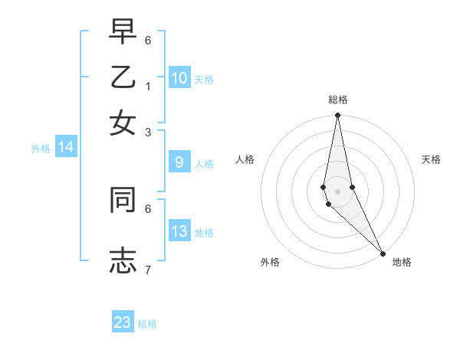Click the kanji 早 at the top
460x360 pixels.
point(123,32)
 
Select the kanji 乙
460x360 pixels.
point(123,77)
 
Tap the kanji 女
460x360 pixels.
point(123,122)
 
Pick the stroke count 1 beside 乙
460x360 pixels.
point(148,86)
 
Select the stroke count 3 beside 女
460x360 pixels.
point(148,133)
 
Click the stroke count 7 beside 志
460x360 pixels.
point(148,270)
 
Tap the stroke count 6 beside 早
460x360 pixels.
point(148,40)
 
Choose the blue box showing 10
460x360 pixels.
point(179,78)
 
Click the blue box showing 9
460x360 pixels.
point(179,162)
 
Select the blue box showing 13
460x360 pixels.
point(179,232)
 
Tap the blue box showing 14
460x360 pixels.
point(66,148)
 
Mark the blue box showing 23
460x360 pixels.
point(123,322)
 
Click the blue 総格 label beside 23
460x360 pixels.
point(147,324)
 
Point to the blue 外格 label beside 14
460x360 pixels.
point(40,149)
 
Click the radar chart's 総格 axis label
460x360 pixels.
point(337,100)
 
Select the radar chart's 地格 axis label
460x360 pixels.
point(402,263)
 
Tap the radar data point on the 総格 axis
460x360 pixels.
point(337,116)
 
